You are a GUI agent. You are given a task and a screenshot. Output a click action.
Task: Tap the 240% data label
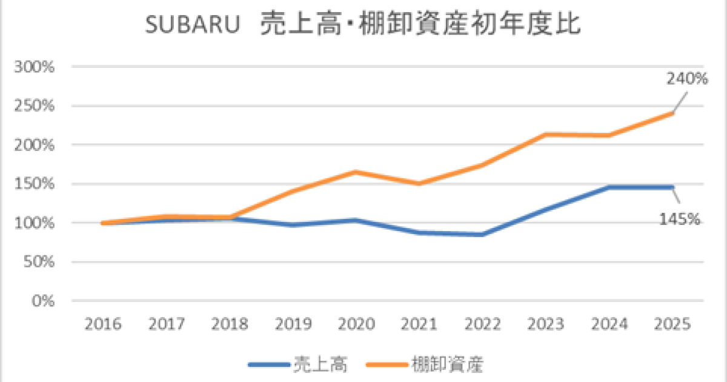pos(687,79)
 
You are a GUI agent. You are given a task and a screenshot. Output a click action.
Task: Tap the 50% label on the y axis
pos(41,262)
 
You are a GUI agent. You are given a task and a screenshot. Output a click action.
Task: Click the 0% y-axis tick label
pos(45,301)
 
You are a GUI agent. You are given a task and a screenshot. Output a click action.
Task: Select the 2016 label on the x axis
pos(103,324)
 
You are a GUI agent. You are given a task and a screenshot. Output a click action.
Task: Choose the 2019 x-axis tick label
pos(293,324)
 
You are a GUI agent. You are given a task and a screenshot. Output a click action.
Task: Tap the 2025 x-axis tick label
pos(673,324)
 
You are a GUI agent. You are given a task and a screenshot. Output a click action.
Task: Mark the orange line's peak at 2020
pos(356,172)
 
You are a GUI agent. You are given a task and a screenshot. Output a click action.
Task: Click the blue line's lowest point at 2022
pos(483,234)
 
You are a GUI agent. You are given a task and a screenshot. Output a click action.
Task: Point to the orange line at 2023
pos(546,135)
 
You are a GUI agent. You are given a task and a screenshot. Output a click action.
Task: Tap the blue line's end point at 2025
pos(672,187)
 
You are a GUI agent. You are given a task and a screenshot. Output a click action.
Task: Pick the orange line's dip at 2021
pos(420,183)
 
